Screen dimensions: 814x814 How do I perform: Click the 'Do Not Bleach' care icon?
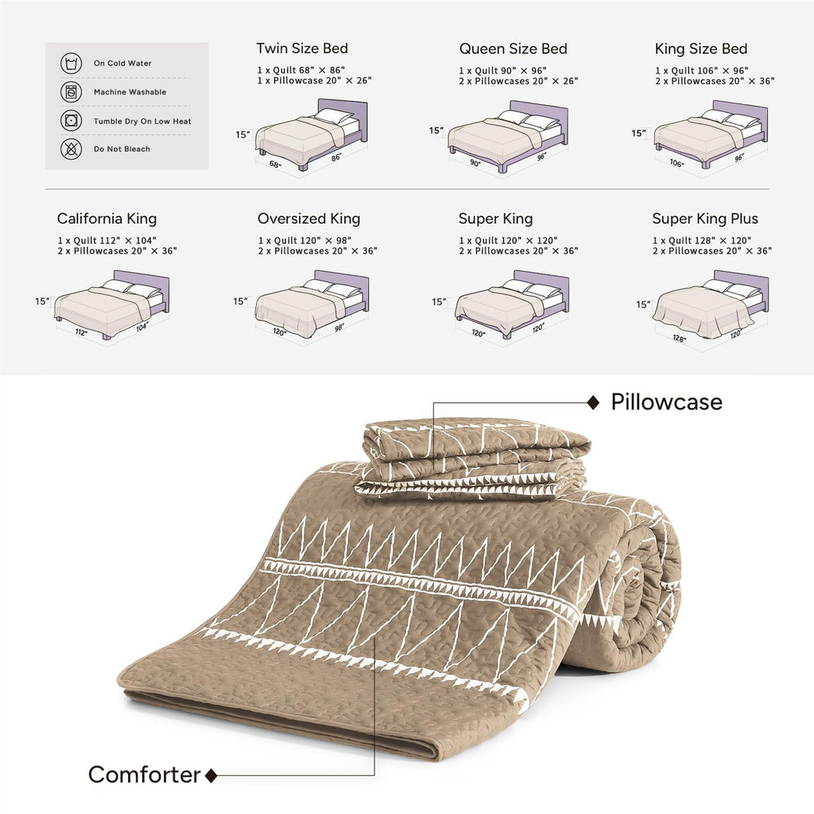(x=71, y=149)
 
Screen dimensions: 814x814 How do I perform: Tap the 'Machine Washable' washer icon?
(x=71, y=92)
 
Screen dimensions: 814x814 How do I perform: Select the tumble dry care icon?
(x=71, y=121)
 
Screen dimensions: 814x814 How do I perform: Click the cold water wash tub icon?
(x=71, y=64)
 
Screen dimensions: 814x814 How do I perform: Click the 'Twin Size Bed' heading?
(x=302, y=48)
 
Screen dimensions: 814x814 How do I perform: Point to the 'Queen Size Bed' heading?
(x=513, y=48)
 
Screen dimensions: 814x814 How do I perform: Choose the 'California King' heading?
(x=107, y=219)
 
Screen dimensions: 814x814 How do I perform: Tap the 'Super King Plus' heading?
(x=705, y=219)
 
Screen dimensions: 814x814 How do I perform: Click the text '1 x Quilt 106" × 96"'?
(x=701, y=71)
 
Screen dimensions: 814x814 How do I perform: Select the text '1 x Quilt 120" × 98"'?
(x=304, y=240)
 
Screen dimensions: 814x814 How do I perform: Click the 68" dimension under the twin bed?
(x=275, y=165)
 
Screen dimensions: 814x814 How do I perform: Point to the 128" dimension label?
(x=679, y=339)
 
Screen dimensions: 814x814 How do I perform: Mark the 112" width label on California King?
(x=81, y=332)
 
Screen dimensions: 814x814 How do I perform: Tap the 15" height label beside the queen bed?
(x=436, y=130)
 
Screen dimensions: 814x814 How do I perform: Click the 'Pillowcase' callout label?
(x=667, y=402)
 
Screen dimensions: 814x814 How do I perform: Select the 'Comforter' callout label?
(x=145, y=774)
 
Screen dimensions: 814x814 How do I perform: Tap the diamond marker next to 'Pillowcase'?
(x=593, y=402)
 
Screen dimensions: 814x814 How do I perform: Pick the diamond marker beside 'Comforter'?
(x=211, y=776)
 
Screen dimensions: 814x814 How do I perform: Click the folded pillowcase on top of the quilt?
(x=472, y=458)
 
